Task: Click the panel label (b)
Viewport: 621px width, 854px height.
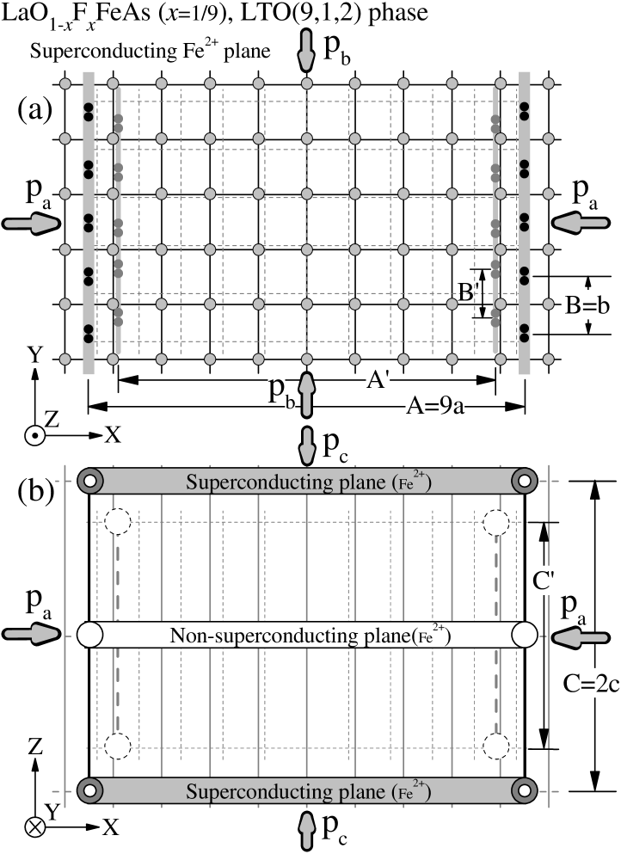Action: tap(35, 492)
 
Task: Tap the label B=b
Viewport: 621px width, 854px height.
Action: tap(587, 306)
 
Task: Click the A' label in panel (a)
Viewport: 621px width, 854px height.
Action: tap(378, 379)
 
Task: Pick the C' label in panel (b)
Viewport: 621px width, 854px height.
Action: tap(544, 581)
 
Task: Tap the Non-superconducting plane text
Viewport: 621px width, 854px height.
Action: tap(308, 636)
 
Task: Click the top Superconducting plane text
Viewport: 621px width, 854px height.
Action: tap(308, 482)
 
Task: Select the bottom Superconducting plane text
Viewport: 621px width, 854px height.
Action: tap(308, 792)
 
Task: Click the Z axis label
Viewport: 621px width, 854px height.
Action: tap(35, 748)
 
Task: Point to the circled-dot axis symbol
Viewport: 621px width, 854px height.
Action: tap(34, 436)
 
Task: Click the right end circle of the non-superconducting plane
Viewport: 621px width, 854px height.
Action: tap(525, 636)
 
